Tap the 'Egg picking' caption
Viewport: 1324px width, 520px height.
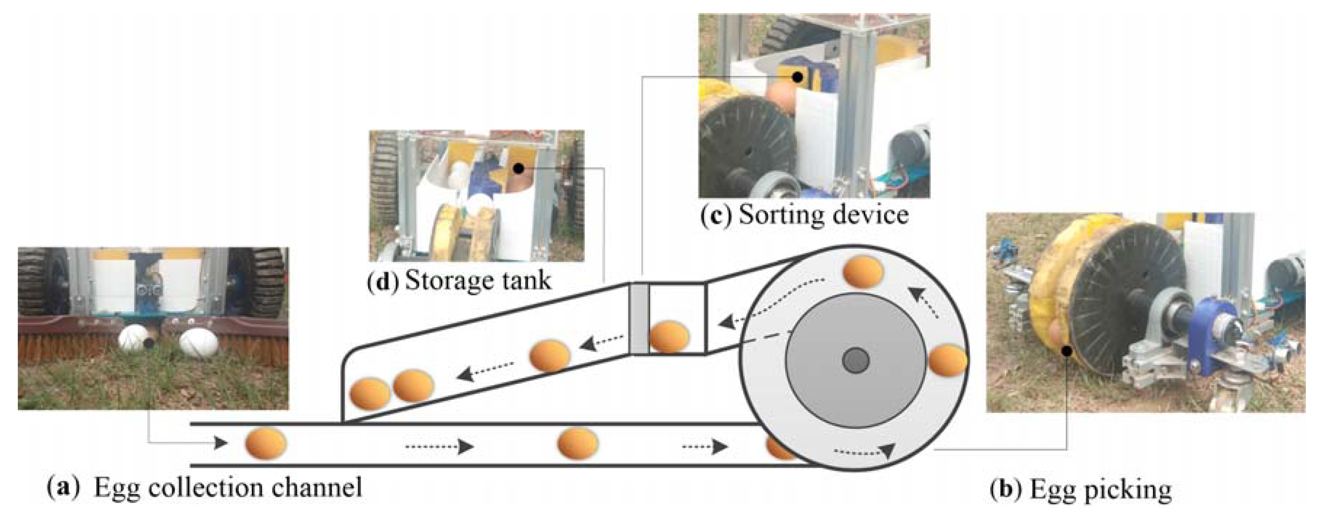[1101, 489]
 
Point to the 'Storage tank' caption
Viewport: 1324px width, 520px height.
[478, 281]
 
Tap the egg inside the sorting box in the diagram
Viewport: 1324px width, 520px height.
[669, 336]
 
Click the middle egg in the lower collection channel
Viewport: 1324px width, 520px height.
[578, 443]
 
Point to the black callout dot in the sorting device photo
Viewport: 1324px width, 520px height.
[797, 77]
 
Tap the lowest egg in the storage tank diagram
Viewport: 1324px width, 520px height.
[370, 394]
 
